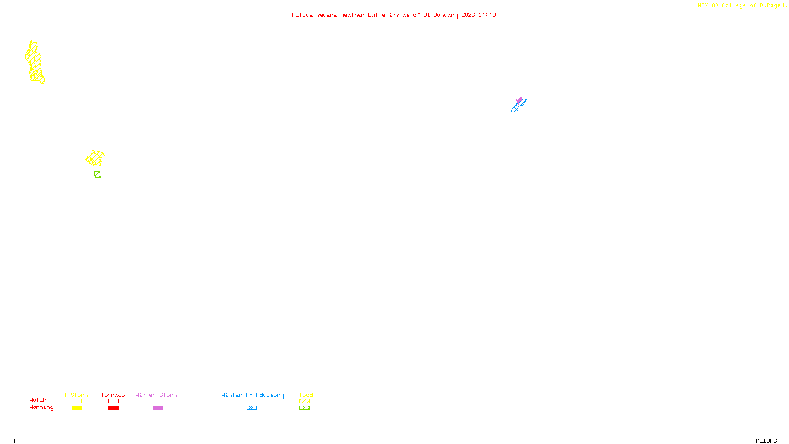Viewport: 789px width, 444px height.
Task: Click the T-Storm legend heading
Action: (x=76, y=395)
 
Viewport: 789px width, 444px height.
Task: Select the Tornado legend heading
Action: (x=113, y=395)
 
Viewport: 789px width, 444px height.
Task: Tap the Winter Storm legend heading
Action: (x=156, y=395)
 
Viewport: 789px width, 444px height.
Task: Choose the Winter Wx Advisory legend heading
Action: (x=252, y=395)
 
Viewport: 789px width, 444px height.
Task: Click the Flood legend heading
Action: (x=304, y=395)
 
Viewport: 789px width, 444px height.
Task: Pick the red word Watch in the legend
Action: (x=38, y=400)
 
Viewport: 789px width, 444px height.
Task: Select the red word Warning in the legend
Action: (x=41, y=407)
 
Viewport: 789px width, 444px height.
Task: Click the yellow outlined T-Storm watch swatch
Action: (x=76, y=401)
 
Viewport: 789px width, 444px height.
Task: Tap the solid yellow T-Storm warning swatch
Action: (x=76, y=408)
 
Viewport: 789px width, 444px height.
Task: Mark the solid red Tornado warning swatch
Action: (x=113, y=408)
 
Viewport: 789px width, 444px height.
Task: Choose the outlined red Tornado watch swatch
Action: (x=113, y=401)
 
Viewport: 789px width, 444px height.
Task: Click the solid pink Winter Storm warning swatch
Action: (x=158, y=408)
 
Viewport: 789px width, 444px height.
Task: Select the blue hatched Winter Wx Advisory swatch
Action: (x=251, y=408)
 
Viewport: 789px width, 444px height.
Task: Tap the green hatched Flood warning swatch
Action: (x=304, y=408)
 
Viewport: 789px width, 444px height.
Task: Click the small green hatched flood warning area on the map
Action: (x=97, y=174)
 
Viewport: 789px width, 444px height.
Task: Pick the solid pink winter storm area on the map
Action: (x=519, y=100)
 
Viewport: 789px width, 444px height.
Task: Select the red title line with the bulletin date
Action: (x=394, y=15)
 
